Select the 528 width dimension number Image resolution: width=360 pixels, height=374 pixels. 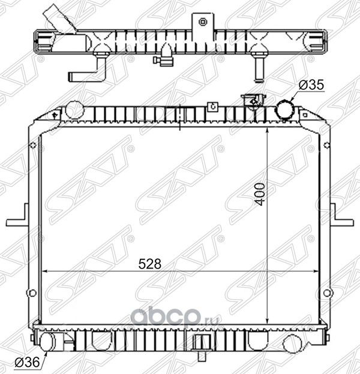coord(148,263)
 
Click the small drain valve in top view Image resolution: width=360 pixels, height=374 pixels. coord(163,61)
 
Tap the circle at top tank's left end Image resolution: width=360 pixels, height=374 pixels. coord(74,110)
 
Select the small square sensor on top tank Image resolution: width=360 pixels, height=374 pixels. coord(211,107)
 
